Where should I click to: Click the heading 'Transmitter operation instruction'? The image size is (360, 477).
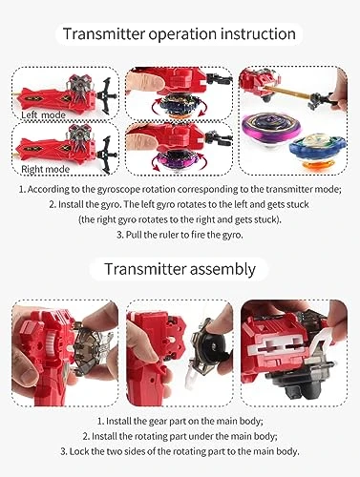[x=180, y=33]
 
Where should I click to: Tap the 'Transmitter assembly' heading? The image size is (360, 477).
[x=180, y=269]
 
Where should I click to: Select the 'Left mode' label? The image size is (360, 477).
[x=43, y=114]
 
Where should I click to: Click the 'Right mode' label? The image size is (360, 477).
[x=45, y=169]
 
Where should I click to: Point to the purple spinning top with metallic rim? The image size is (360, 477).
[x=266, y=129]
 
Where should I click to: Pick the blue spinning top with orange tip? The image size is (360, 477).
[x=317, y=150]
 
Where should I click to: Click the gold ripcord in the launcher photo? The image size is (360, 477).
[x=287, y=92]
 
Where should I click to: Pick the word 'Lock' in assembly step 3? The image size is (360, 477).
[x=78, y=451]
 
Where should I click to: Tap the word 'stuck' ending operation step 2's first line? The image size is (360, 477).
[x=298, y=204]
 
